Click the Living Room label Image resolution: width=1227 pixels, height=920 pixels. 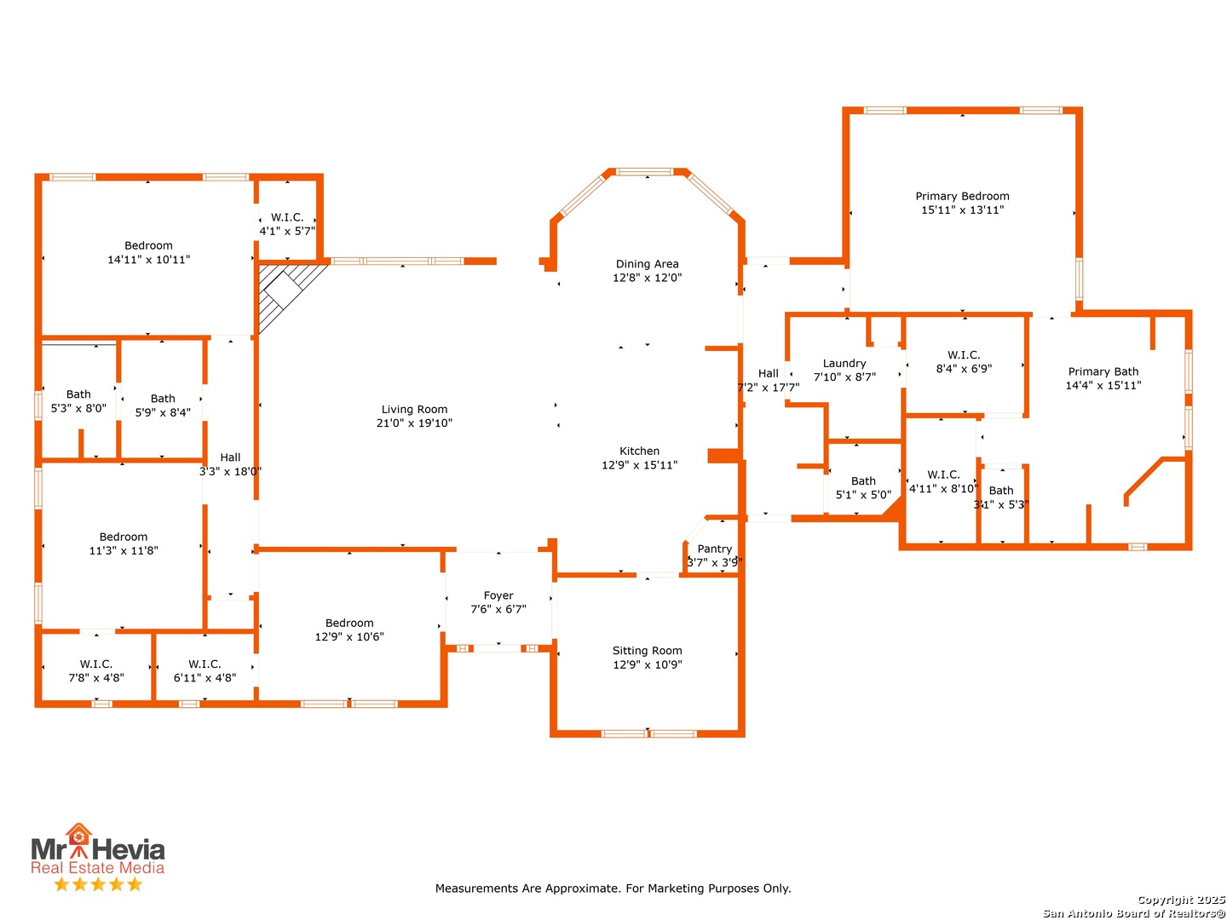413,409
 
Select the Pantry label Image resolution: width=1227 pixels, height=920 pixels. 714,549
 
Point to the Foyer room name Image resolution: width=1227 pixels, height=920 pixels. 498,595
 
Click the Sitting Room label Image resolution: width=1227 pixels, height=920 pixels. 647,650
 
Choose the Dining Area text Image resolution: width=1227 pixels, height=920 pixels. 647,264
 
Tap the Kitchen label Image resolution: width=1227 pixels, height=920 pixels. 639,451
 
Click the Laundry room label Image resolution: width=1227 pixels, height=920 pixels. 844,364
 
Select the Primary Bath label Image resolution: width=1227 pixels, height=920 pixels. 1103,371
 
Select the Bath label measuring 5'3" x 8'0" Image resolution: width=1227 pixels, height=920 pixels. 78,394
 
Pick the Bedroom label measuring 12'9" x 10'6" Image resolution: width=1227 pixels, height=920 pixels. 349,623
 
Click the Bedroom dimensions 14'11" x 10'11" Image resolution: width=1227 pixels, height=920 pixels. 149,259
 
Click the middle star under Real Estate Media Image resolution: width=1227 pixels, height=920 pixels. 98,883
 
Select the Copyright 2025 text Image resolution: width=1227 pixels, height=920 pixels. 1181,900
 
